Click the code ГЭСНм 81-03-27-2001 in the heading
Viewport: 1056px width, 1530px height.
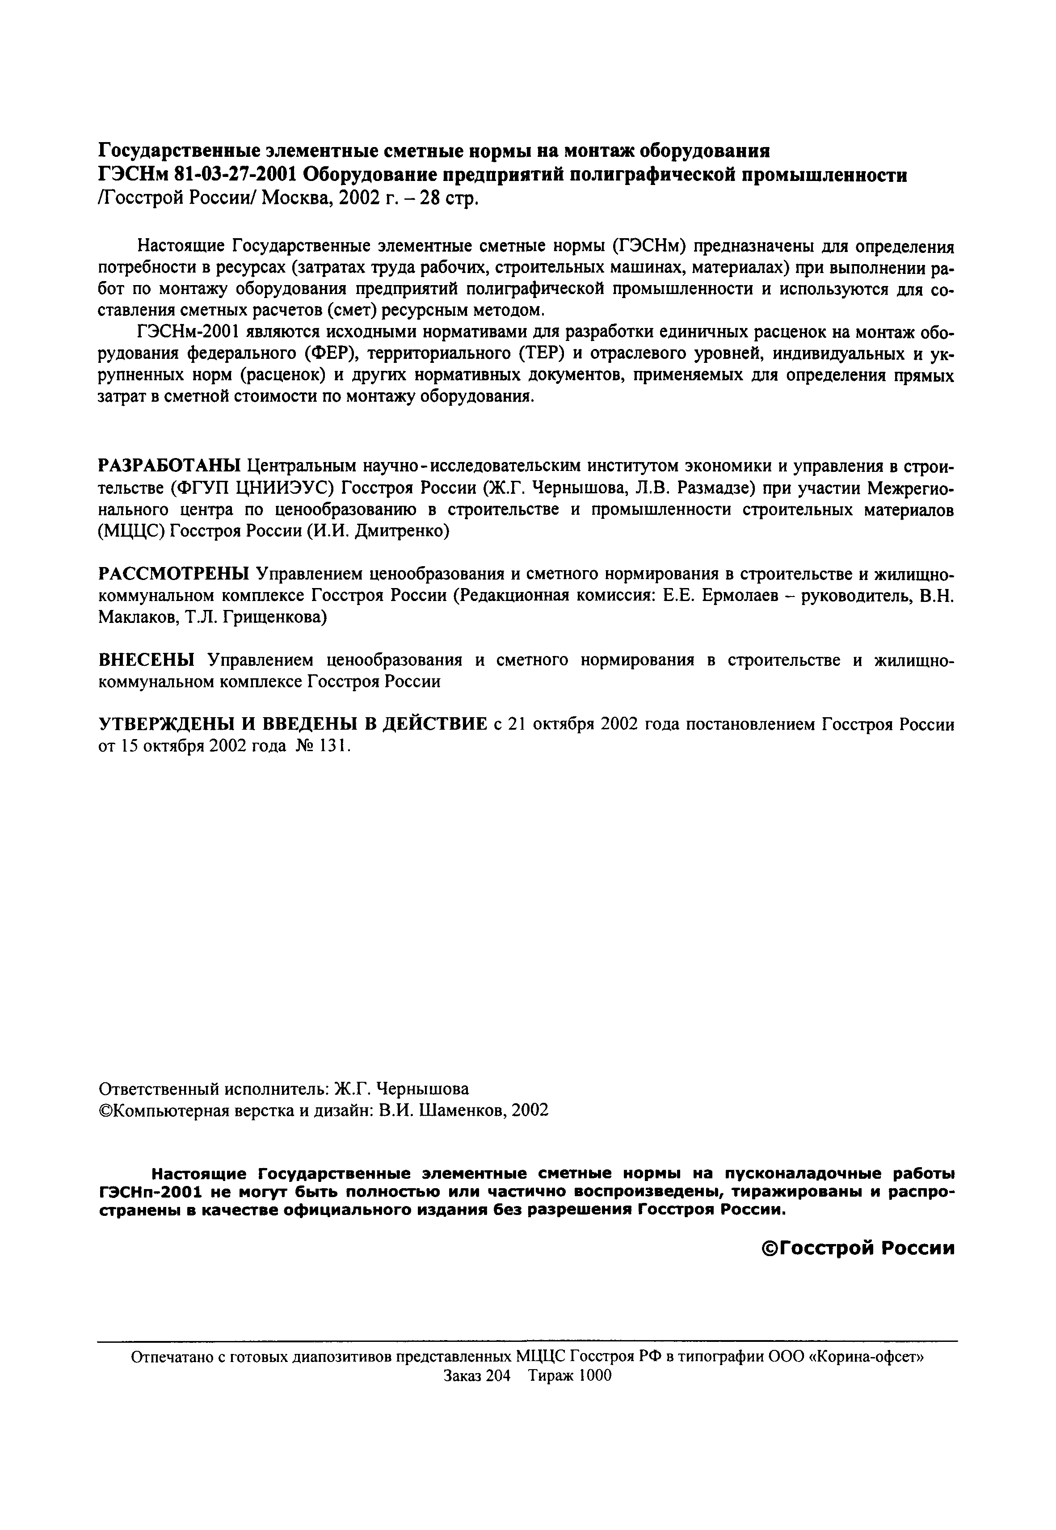(196, 175)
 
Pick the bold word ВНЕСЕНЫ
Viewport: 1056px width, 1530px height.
(147, 660)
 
